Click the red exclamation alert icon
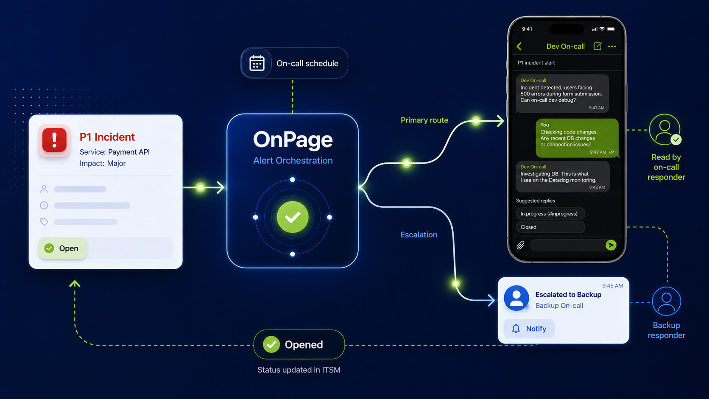pyautogui.click(x=54, y=140)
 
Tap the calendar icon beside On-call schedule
pyautogui.click(x=257, y=63)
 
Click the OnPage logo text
pyautogui.click(x=293, y=140)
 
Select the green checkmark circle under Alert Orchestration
pyautogui.click(x=293, y=217)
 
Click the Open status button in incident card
pyautogui.click(x=62, y=248)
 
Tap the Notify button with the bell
pyautogui.click(x=529, y=329)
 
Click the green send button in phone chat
pyautogui.click(x=611, y=245)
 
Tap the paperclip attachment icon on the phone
pyautogui.click(x=520, y=245)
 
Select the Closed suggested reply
pyautogui.click(x=550, y=227)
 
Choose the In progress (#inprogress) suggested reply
pyautogui.click(x=550, y=214)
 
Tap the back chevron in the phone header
pyautogui.click(x=519, y=47)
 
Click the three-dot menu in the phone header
pyautogui.click(x=612, y=47)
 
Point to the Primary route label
pyautogui.click(x=424, y=120)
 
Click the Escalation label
pyautogui.click(x=419, y=235)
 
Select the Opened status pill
pyautogui.click(x=299, y=344)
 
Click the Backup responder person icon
pyautogui.click(x=666, y=301)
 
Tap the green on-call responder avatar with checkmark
pyautogui.click(x=665, y=130)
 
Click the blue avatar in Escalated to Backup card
pyautogui.click(x=516, y=298)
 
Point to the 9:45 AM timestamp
pyautogui.click(x=612, y=286)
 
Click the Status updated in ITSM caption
pyautogui.click(x=299, y=370)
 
